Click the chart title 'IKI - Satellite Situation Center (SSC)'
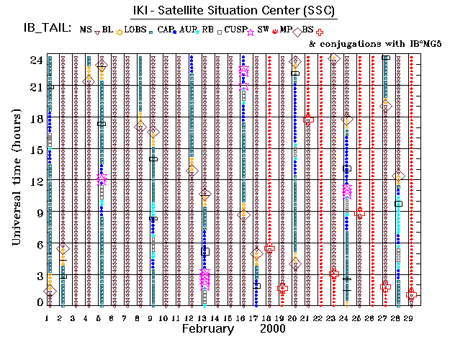point(234,10)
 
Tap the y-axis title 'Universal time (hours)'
point(16,179)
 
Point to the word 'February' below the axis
point(207,328)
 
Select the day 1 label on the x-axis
point(48,318)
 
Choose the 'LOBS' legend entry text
point(135,29)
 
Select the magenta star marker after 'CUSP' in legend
point(251,31)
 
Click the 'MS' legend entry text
point(86,29)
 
